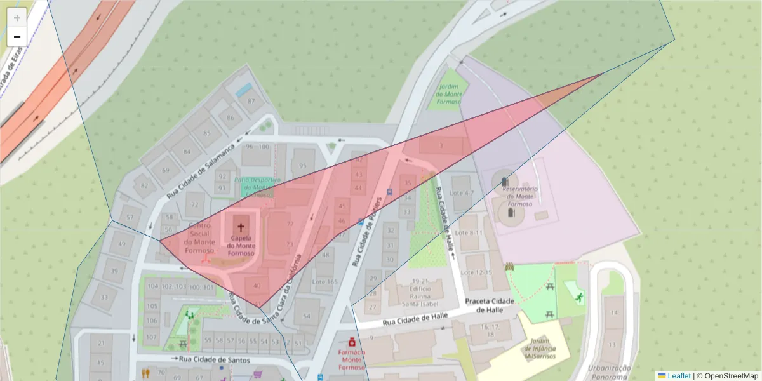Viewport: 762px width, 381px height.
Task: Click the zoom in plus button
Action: pos(17,17)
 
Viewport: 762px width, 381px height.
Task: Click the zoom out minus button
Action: pos(17,37)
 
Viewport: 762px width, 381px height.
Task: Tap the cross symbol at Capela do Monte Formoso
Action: pos(241,227)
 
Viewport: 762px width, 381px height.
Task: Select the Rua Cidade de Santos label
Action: pos(214,360)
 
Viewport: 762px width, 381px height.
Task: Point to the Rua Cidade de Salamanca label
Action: pos(201,170)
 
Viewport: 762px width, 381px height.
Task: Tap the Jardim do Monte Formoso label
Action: pos(449,95)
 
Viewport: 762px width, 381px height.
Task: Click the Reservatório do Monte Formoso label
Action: pos(520,196)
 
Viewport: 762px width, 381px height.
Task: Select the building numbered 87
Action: pos(251,101)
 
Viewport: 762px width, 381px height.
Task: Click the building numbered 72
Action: pos(195,205)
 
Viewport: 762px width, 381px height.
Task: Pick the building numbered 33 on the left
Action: pos(104,297)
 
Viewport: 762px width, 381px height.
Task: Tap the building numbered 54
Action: pos(307,316)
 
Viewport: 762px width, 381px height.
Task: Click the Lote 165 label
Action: pos(325,282)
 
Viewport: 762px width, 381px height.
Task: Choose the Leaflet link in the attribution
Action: pos(678,375)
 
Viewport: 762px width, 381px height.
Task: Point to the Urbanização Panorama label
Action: pos(609,372)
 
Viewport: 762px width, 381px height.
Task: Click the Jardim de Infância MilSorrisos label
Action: pos(540,348)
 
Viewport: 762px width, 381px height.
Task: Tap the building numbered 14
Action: pos(614,313)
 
